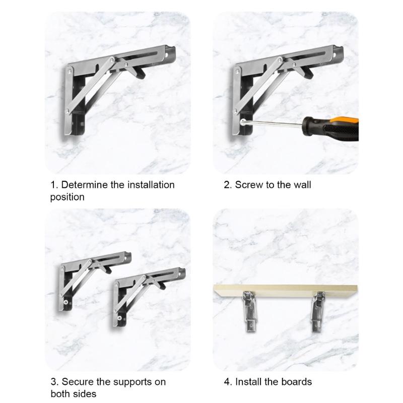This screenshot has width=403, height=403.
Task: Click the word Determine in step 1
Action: pyautogui.click(x=85, y=185)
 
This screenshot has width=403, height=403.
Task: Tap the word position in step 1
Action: pyautogui.click(x=67, y=197)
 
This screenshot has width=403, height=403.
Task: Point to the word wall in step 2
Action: pyautogui.click(x=302, y=185)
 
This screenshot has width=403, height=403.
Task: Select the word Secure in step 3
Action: pyautogui.click(x=77, y=382)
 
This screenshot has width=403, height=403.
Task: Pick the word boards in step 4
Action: pyautogui.click(x=298, y=382)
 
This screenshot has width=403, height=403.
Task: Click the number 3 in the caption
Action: pyautogui.click(x=53, y=382)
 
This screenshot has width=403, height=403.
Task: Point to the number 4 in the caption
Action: pyautogui.click(x=227, y=382)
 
